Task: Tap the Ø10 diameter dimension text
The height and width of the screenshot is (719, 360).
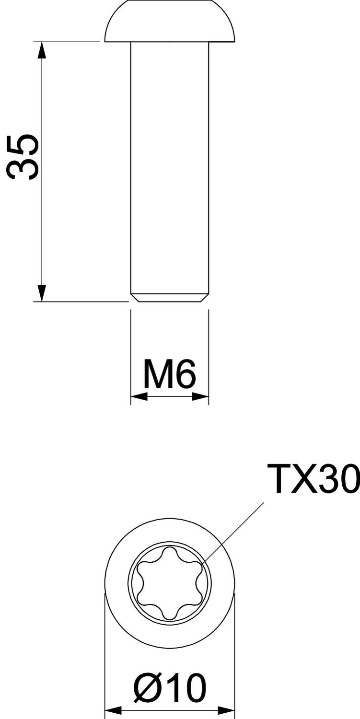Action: pos(170,689)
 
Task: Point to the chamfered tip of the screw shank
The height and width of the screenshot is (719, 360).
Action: pos(170,298)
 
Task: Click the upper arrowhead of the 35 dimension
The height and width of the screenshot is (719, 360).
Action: pos(42,50)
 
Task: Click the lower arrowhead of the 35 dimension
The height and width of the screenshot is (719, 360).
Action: pos(42,293)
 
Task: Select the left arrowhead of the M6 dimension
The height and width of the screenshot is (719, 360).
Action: pos(139,396)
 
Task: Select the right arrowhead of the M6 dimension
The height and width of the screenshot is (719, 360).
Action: pos(200,396)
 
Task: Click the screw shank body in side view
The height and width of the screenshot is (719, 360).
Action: pos(170,168)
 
